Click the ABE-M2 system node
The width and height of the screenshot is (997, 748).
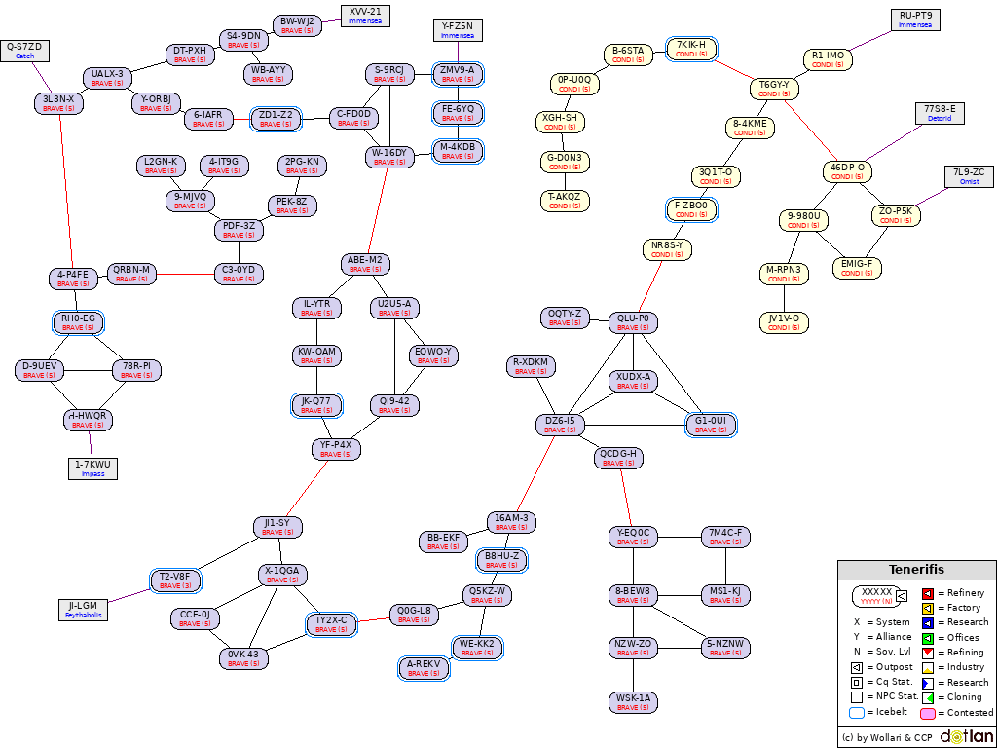point(365,264)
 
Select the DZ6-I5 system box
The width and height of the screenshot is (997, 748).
point(560,425)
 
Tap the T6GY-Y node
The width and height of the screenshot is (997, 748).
point(774,89)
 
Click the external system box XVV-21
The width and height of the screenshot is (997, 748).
point(365,15)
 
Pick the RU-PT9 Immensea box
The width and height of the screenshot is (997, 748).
point(914,19)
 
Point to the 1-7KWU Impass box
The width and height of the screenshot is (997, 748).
point(92,468)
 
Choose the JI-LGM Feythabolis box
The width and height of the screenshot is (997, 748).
point(83,610)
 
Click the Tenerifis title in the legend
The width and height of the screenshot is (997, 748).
point(916,570)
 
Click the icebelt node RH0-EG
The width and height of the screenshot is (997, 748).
point(78,322)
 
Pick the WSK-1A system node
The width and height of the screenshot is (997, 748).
point(633,702)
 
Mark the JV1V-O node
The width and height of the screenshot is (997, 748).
point(784,322)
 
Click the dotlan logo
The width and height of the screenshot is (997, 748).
point(966,736)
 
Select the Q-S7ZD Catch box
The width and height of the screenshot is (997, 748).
point(24,51)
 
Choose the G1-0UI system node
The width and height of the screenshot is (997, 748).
point(711,425)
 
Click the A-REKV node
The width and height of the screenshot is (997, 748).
point(424,668)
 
